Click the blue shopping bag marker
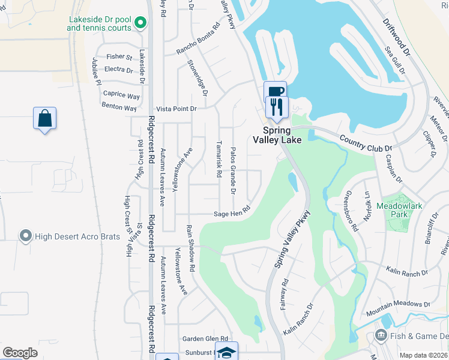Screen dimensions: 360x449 click(45, 118)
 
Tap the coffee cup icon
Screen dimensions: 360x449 click(275, 92)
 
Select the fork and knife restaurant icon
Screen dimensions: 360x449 click(277, 107)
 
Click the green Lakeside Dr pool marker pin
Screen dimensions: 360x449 click(140, 23)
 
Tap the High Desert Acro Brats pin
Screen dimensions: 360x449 click(25, 235)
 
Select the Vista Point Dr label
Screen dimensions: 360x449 click(176, 109)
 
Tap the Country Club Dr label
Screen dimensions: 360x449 click(365, 143)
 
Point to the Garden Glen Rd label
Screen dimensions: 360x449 click(206, 338)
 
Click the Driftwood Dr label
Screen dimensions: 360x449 click(397, 37)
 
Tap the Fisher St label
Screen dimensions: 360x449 click(119, 57)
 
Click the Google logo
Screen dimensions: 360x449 click(20, 353)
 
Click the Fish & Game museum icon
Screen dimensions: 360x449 click(380, 335)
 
